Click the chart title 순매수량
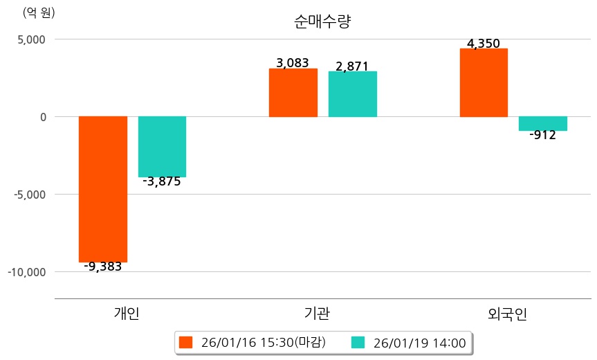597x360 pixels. point(322,21)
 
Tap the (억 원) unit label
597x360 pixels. point(39,12)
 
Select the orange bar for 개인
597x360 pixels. point(102,188)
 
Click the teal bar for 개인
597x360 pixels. point(162,146)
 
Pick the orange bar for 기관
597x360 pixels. point(293,92)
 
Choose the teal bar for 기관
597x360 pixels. point(352,93)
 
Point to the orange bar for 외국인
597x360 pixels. point(484,82)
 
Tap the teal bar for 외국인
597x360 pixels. point(543,123)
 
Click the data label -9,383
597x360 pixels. point(102,267)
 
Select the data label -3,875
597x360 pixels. point(161,182)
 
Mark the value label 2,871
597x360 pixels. point(352,66)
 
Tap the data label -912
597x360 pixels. point(542,135)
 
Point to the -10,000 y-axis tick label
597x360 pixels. point(26,272)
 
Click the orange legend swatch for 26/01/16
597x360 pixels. point(185,342)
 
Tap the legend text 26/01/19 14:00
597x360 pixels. point(419,342)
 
